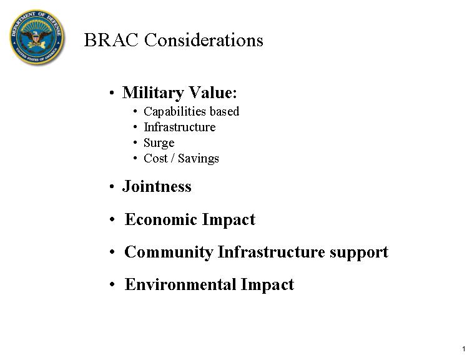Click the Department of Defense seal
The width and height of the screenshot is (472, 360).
tap(37, 37)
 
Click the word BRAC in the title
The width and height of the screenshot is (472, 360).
tap(111, 40)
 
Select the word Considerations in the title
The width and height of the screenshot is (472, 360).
tap(204, 40)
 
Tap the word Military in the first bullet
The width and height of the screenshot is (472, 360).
tap(153, 92)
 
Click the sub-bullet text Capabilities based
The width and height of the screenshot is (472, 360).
tap(192, 112)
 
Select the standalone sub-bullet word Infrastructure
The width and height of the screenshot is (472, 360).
tap(180, 127)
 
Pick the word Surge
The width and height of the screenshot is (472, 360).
tap(159, 143)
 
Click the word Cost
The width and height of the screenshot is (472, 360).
tap(155, 159)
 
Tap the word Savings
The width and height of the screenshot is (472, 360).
tap(199, 159)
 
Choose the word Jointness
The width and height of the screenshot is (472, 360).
tap(157, 186)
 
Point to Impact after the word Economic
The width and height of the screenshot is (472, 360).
tap(229, 220)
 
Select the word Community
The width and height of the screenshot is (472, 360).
tap(169, 252)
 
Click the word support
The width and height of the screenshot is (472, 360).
tap(359, 253)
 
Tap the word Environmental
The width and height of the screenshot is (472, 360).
tap(180, 284)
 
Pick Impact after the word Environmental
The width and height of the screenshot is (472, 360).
tap(267, 285)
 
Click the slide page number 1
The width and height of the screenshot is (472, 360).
tap(464, 349)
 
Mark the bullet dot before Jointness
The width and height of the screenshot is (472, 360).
tap(112, 186)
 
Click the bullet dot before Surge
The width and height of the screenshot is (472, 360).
tap(135, 142)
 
